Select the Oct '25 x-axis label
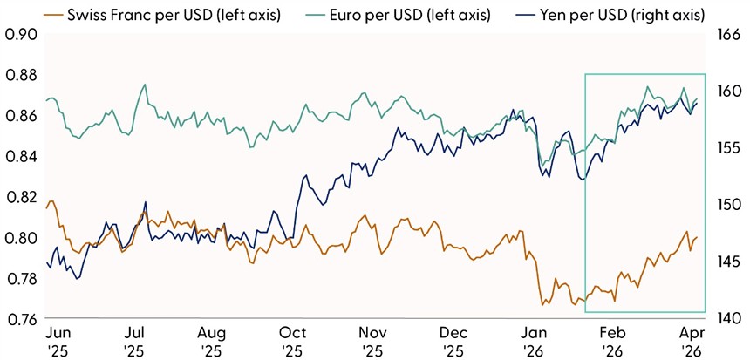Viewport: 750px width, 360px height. pyautogui.click(x=293, y=341)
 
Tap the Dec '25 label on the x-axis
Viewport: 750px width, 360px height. pyautogui.click(x=453, y=341)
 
